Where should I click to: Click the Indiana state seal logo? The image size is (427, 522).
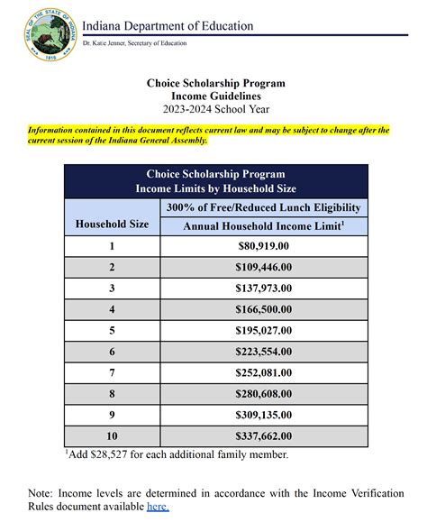41,32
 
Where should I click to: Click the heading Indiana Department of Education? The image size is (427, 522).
168,26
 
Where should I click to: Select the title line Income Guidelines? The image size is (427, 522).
215,96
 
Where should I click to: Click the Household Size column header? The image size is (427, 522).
112,223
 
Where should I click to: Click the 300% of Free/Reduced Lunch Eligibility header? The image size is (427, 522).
263,207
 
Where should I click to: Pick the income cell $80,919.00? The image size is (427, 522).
263,246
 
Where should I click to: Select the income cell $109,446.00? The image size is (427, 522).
263,268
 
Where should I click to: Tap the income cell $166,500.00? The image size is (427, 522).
263,310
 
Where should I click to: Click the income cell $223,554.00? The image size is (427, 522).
263,353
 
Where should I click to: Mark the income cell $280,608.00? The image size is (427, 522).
263,394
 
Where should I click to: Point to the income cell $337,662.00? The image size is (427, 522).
263,436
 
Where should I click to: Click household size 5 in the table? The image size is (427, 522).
112,331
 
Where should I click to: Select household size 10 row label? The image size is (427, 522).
112,436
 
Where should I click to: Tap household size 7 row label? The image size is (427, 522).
112,373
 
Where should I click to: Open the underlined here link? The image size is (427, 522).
159,507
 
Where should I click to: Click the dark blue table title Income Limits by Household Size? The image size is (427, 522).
215,188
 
